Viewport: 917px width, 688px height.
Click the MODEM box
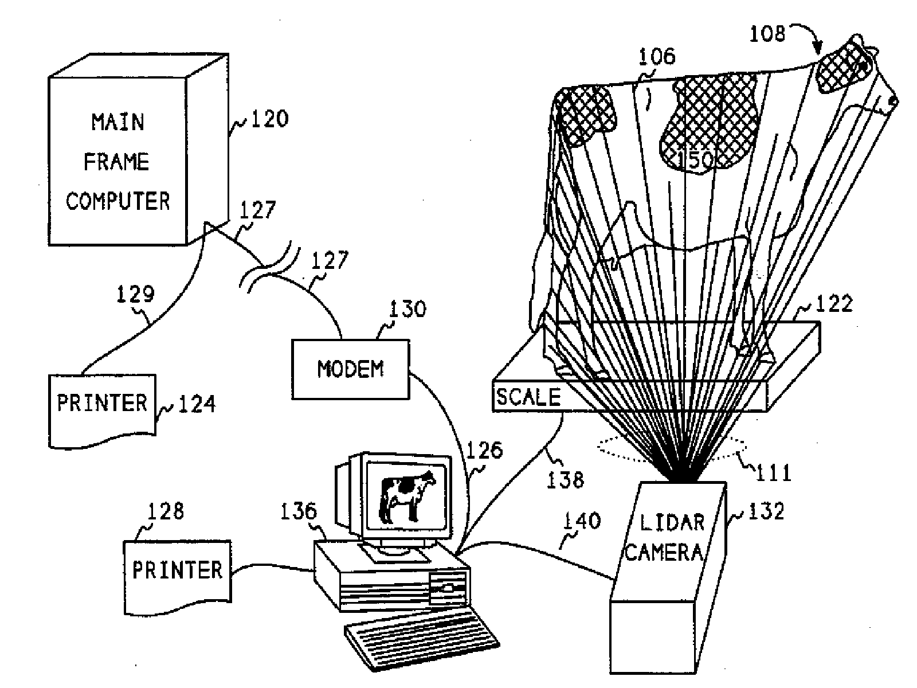pyautogui.click(x=350, y=369)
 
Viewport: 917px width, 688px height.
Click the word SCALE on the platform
pyautogui.click(x=528, y=397)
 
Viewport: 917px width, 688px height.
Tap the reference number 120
pyautogui.click(x=269, y=119)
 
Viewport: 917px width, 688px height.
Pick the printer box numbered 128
pyautogui.click(x=177, y=575)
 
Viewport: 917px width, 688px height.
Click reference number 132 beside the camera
pyautogui.click(x=766, y=511)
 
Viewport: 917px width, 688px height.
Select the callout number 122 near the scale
pyautogui.click(x=834, y=303)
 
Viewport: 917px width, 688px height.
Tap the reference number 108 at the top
pyautogui.click(x=767, y=34)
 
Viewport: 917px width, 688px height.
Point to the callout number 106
pyautogui.click(x=657, y=56)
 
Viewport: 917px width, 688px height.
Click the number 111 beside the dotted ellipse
pyautogui.click(x=774, y=472)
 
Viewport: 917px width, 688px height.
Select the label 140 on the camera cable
pyautogui.click(x=583, y=521)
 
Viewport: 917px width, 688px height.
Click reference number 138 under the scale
pyautogui.click(x=566, y=479)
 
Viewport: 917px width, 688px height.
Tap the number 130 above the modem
pyautogui.click(x=407, y=309)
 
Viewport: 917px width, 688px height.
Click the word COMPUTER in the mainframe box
pyautogui.click(x=118, y=201)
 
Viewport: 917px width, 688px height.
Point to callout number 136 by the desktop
pyautogui.click(x=299, y=511)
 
